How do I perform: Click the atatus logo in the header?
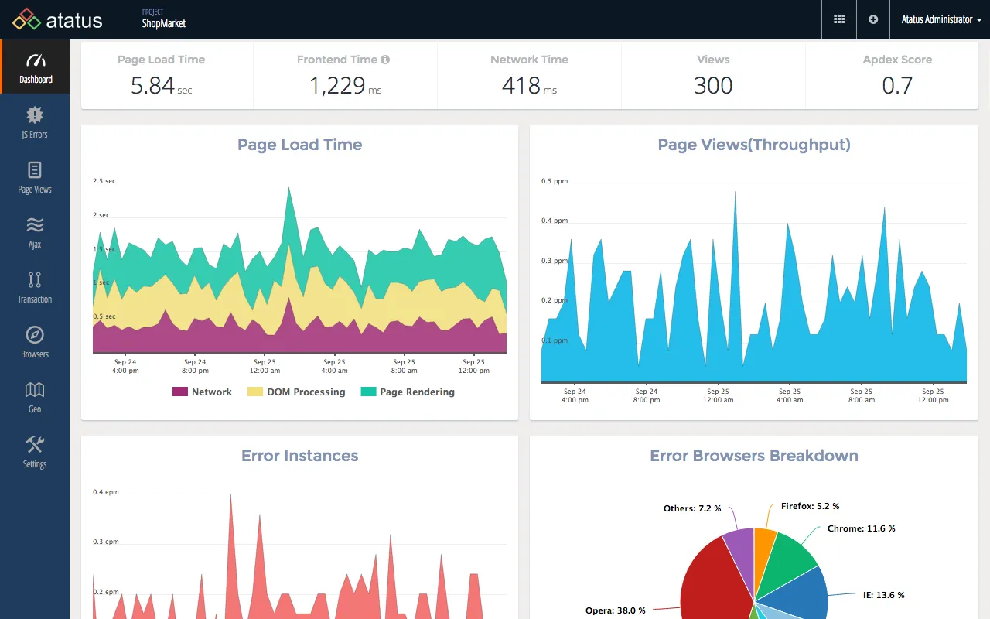point(58,19)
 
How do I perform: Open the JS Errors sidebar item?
point(35,123)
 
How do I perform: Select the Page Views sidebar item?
point(35,178)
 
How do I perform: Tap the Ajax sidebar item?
point(35,233)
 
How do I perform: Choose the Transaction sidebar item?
point(35,288)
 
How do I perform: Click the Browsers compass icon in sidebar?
point(35,335)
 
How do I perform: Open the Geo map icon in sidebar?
point(35,389)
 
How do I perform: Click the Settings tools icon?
point(35,444)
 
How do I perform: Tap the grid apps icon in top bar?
point(839,19)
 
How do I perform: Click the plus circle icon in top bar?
point(873,19)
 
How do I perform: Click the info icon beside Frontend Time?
point(385,60)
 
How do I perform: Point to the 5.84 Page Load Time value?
point(152,86)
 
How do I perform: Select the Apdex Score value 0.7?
point(897,86)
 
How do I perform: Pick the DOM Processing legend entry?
point(297,392)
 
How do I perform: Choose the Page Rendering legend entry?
point(408,392)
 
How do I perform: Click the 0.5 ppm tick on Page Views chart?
point(555,181)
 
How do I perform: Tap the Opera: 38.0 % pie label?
point(615,610)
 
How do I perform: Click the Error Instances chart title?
point(299,456)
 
